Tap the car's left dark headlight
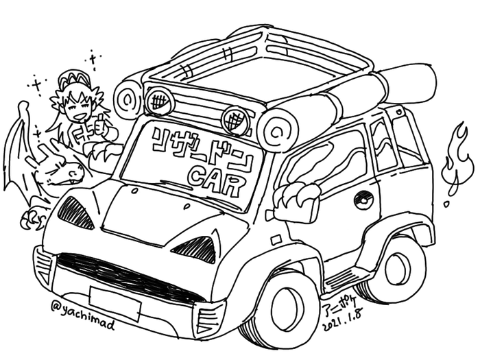point(75,213)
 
